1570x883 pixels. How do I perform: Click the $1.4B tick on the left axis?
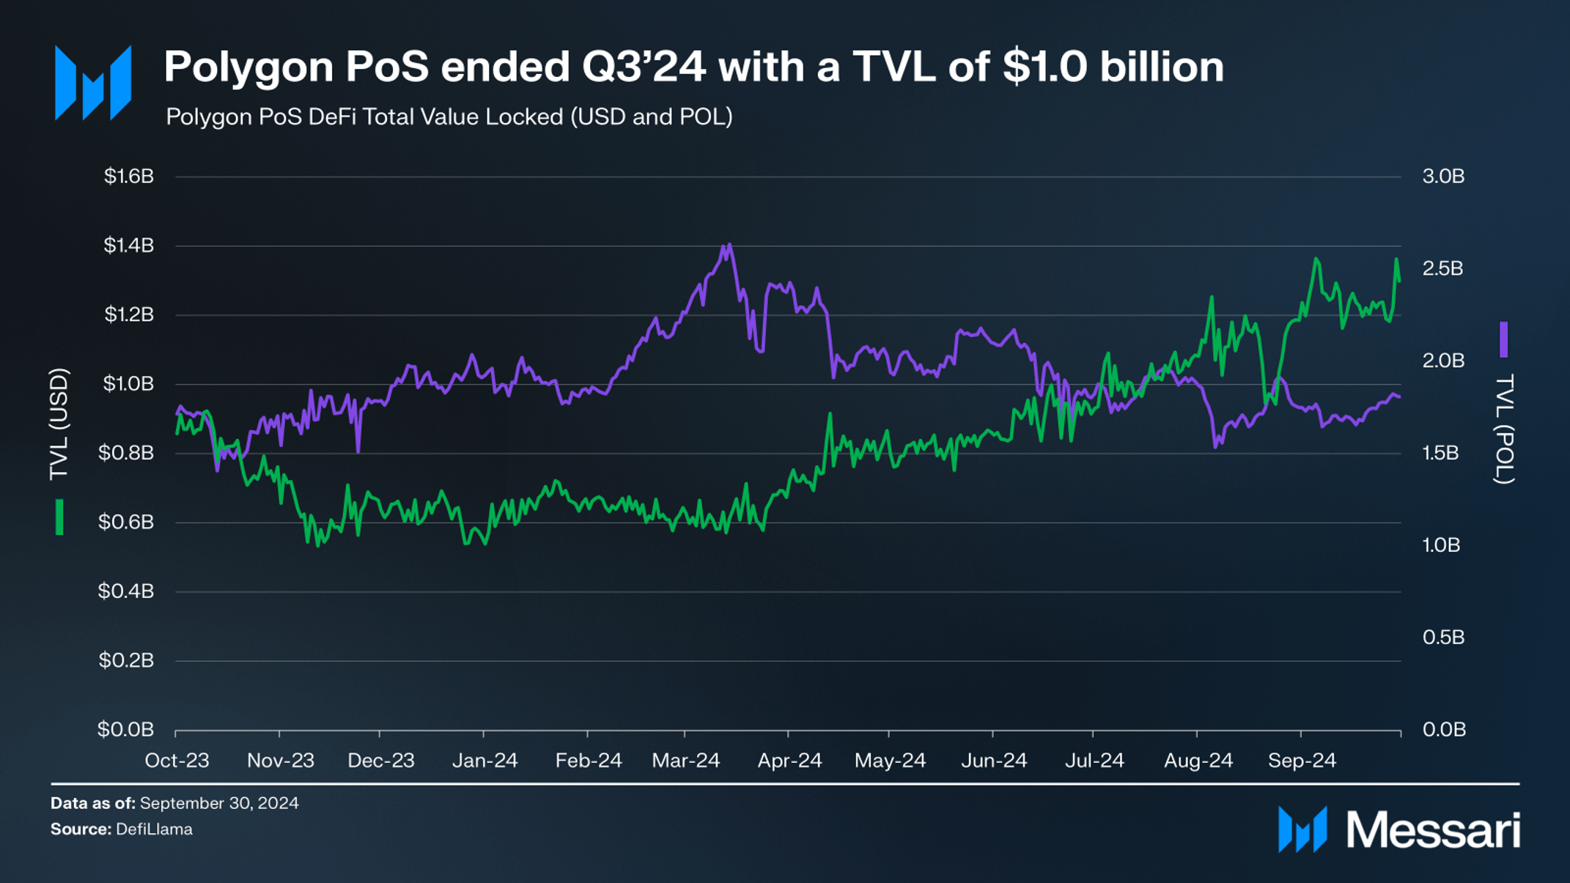click(x=129, y=245)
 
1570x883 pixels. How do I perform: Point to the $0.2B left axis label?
click(x=126, y=660)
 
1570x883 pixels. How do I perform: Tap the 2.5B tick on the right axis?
click(x=1442, y=269)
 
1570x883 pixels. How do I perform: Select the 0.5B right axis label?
click(x=1443, y=638)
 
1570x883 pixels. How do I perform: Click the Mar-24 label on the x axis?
click(x=686, y=761)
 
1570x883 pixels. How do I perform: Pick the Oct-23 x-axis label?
click(x=177, y=761)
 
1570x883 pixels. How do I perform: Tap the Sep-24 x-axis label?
click(x=1302, y=761)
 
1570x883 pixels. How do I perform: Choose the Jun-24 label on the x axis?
click(x=994, y=761)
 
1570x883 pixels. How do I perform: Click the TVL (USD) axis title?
click(x=59, y=424)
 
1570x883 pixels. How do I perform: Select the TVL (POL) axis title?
click(x=1504, y=429)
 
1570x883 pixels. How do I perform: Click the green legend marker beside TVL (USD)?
click(x=59, y=517)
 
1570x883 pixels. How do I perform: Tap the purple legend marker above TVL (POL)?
click(x=1504, y=339)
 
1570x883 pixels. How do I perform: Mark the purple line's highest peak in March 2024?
click(x=728, y=245)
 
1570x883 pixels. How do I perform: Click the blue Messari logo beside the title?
click(x=93, y=83)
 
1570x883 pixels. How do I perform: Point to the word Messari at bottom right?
click(x=1433, y=831)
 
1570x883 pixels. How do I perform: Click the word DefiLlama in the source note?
click(x=154, y=830)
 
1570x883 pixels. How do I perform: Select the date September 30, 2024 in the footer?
click(x=219, y=803)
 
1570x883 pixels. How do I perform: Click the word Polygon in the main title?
click(x=249, y=68)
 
